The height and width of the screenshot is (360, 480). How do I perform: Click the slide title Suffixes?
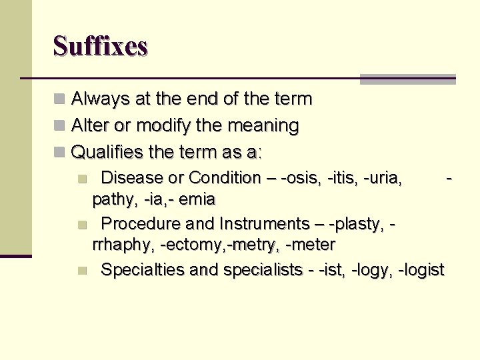(100, 46)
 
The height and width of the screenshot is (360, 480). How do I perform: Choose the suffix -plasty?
(360, 223)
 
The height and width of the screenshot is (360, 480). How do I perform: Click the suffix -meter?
(309, 245)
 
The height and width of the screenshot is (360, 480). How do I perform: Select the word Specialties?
(143, 270)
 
